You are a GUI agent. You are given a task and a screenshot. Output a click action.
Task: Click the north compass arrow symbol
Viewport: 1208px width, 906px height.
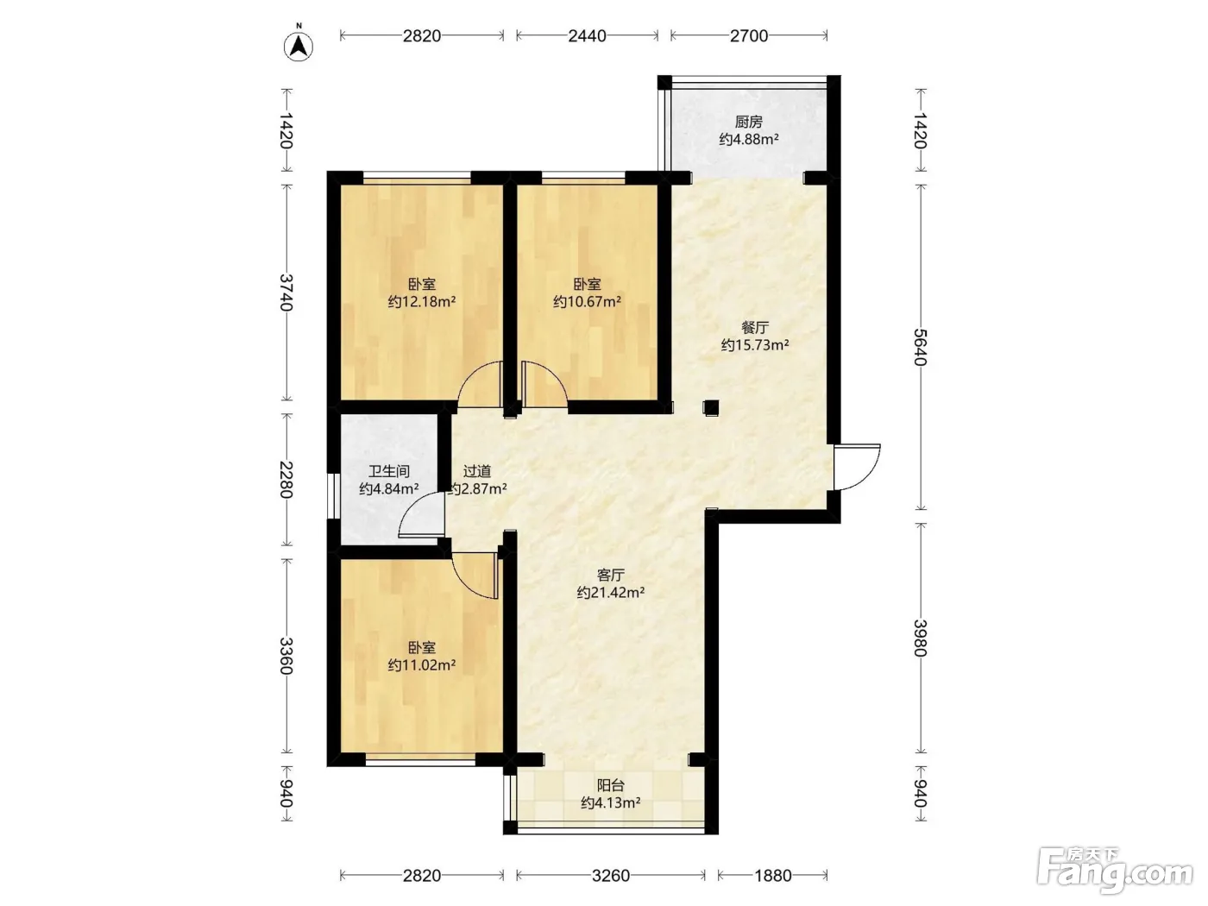299,47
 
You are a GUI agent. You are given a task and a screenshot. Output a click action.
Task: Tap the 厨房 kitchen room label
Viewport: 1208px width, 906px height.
748,121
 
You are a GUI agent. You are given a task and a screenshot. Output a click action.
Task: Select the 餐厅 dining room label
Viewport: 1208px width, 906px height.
754,327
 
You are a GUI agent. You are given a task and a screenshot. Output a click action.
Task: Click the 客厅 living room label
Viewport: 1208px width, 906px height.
610,575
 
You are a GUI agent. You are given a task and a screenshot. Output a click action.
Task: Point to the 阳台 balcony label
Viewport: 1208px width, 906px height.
610,785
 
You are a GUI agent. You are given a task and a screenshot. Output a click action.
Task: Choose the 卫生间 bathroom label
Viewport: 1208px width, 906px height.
389,471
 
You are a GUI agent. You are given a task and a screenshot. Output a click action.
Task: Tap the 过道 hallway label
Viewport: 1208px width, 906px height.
476,471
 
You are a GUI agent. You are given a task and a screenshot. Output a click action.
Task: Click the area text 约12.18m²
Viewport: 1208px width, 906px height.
422,301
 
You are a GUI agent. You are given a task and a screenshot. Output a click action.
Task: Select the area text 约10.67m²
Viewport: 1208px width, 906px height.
588,301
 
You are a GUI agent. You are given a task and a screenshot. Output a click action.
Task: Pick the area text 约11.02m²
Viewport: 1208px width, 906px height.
422,665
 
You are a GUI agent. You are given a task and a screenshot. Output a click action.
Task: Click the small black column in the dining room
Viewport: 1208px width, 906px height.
710,407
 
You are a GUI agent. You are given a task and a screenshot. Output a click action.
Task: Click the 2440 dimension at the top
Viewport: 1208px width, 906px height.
587,35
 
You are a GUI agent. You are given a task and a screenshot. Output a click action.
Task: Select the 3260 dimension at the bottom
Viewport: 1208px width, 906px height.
610,875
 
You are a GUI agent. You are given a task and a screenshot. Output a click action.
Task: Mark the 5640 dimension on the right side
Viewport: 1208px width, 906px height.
920,347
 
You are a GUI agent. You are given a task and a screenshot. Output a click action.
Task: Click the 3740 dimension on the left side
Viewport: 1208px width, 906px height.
286,293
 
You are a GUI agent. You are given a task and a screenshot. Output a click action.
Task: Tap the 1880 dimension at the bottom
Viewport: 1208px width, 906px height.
772,875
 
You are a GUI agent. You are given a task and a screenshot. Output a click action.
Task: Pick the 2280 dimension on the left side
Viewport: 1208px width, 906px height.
286,480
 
